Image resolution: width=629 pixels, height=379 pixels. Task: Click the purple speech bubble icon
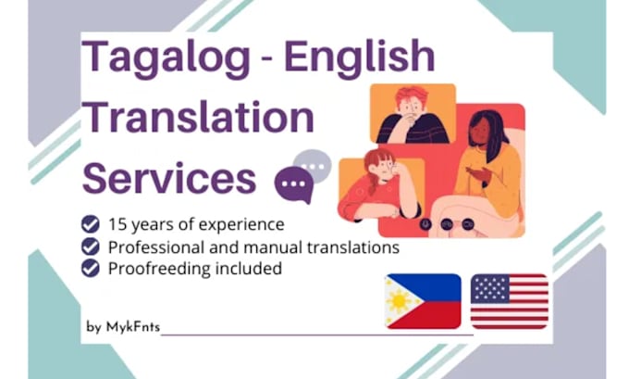pyautogui.click(x=295, y=184)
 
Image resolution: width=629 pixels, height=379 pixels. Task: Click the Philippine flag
pyautogui.click(x=423, y=301)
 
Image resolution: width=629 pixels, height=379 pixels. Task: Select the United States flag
pyautogui.click(x=509, y=301)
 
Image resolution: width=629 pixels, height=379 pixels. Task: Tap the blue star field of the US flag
pyautogui.click(x=488, y=288)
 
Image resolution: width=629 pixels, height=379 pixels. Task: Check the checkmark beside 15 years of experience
pyautogui.click(x=91, y=224)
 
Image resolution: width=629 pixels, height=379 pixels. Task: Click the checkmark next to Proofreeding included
pyautogui.click(x=91, y=269)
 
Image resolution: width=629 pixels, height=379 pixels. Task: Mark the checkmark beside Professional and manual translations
pyautogui.click(x=91, y=246)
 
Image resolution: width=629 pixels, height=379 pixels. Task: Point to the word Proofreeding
pyautogui.click(x=154, y=269)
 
